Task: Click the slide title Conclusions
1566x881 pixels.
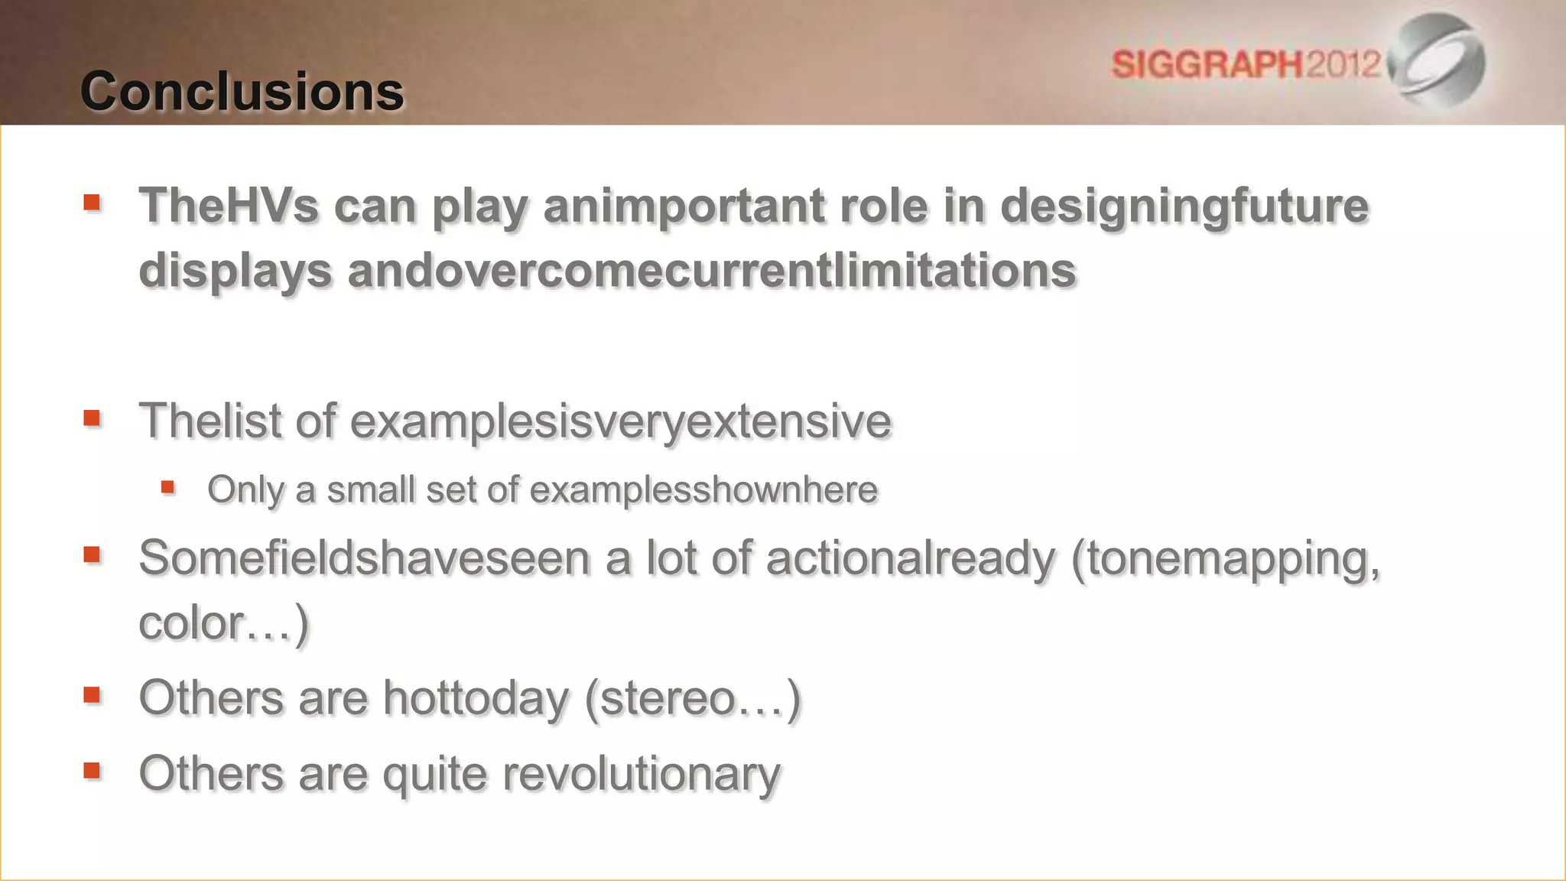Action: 242,92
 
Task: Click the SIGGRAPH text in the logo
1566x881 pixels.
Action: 1207,64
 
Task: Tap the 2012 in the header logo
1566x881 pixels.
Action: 1343,64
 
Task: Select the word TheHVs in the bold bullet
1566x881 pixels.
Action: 228,206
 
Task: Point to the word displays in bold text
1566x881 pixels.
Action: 235,271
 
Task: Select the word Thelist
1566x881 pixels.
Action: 210,421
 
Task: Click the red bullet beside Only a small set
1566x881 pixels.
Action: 168,487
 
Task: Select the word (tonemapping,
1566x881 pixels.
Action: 1225,559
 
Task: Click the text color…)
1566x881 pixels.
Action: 223,623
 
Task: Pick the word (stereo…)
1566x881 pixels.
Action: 693,698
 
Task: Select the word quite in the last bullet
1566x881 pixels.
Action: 434,774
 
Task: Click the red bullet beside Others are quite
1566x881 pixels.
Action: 93,770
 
